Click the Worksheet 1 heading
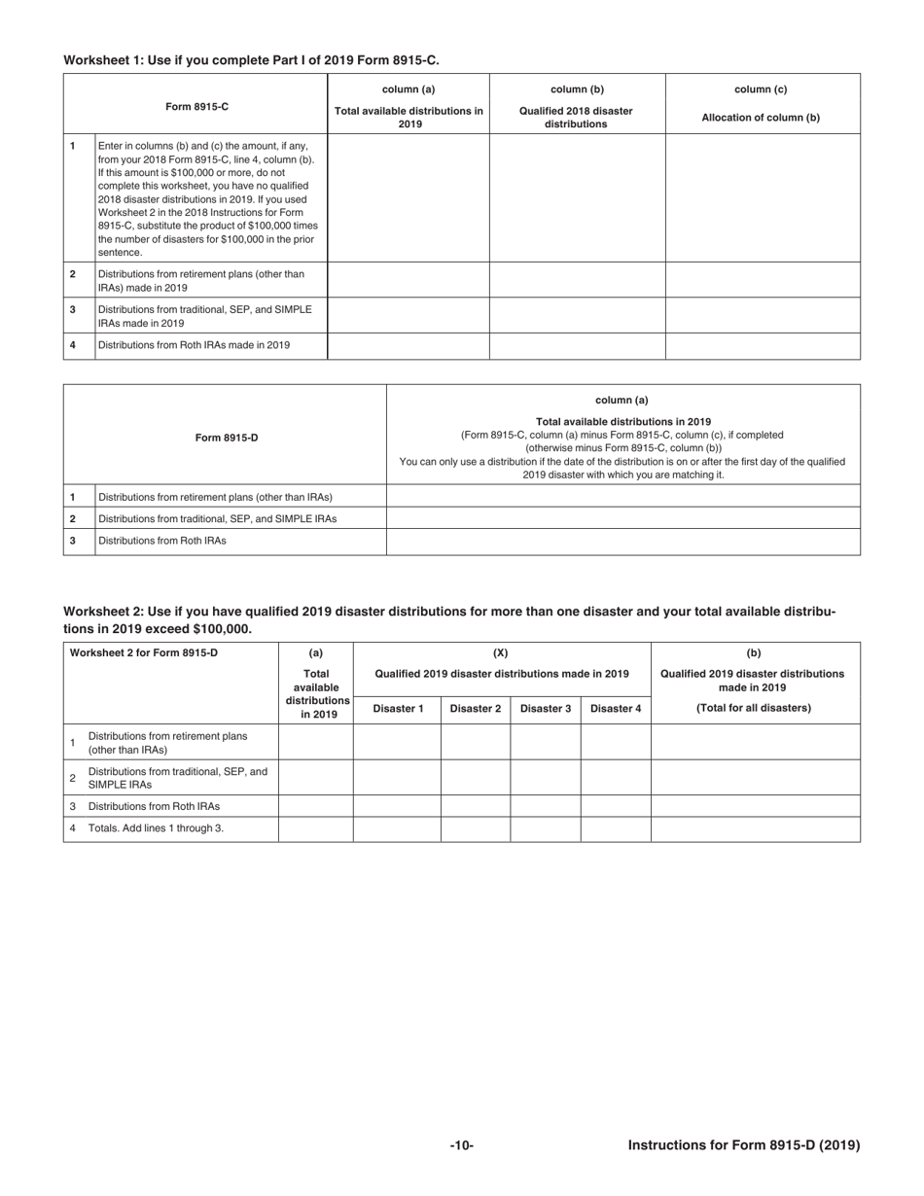coord(251,60)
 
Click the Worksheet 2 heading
coord(448,620)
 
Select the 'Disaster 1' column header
coord(397,708)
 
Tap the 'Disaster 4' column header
coord(616,708)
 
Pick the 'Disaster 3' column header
coord(546,708)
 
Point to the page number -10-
coord(461,1145)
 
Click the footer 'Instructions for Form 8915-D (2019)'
coord(744,1145)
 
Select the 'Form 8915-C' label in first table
coord(195,105)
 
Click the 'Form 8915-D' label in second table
coord(226,438)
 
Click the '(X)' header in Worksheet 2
coord(501,653)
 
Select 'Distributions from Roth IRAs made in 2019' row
coord(195,345)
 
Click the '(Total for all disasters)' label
coord(754,708)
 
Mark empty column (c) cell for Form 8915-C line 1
coord(763,197)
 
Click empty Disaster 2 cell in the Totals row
coord(476,828)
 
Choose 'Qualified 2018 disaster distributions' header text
coord(576,118)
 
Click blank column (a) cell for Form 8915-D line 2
coord(622,518)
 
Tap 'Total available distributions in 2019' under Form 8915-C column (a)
coord(409,118)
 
